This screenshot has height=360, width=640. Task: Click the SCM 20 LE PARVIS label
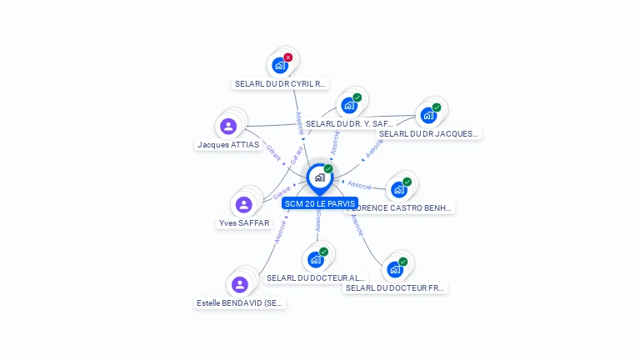click(320, 203)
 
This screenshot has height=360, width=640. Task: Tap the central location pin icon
click(319, 177)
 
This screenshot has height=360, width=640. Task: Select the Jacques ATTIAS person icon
click(228, 127)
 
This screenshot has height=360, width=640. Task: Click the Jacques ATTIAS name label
click(228, 144)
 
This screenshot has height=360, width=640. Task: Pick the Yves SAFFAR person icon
click(243, 205)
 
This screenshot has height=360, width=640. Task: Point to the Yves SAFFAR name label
click(243, 222)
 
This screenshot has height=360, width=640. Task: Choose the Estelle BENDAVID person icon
click(240, 285)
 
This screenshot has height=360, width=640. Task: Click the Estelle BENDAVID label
click(240, 303)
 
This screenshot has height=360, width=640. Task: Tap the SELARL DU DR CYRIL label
click(281, 83)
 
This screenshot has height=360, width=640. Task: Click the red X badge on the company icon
click(288, 57)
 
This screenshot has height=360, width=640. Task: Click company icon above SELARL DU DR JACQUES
click(428, 115)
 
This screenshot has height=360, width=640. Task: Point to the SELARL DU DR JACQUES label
click(428, 133)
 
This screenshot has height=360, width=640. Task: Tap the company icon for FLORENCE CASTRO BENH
click(399, 190)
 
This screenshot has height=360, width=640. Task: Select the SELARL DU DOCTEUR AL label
click(316, 277)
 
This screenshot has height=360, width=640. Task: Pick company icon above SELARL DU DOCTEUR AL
click(316, 259)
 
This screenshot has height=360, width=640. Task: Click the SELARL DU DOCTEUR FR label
click(395, 287)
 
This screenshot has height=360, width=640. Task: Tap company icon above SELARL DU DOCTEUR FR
click(395, 269)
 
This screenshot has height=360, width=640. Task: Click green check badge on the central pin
click(328, 168)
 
